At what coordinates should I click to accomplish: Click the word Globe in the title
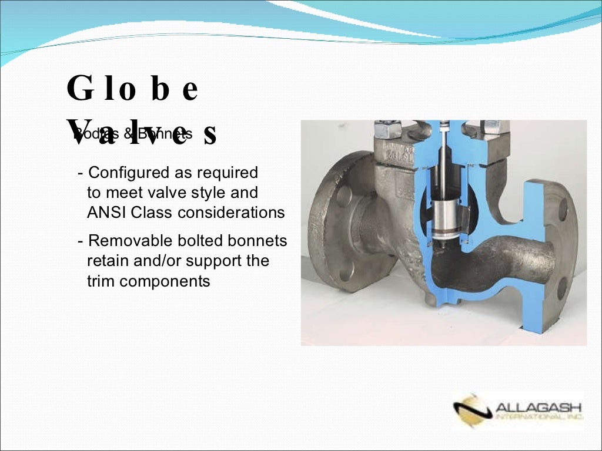tap(132, 90)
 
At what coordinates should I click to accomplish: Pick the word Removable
tap(128, 241)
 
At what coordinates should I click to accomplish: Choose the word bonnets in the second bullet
tap(259, 241)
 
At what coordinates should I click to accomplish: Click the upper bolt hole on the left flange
tap(344, 195)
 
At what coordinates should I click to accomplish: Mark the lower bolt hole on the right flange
tap(562, 288)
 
